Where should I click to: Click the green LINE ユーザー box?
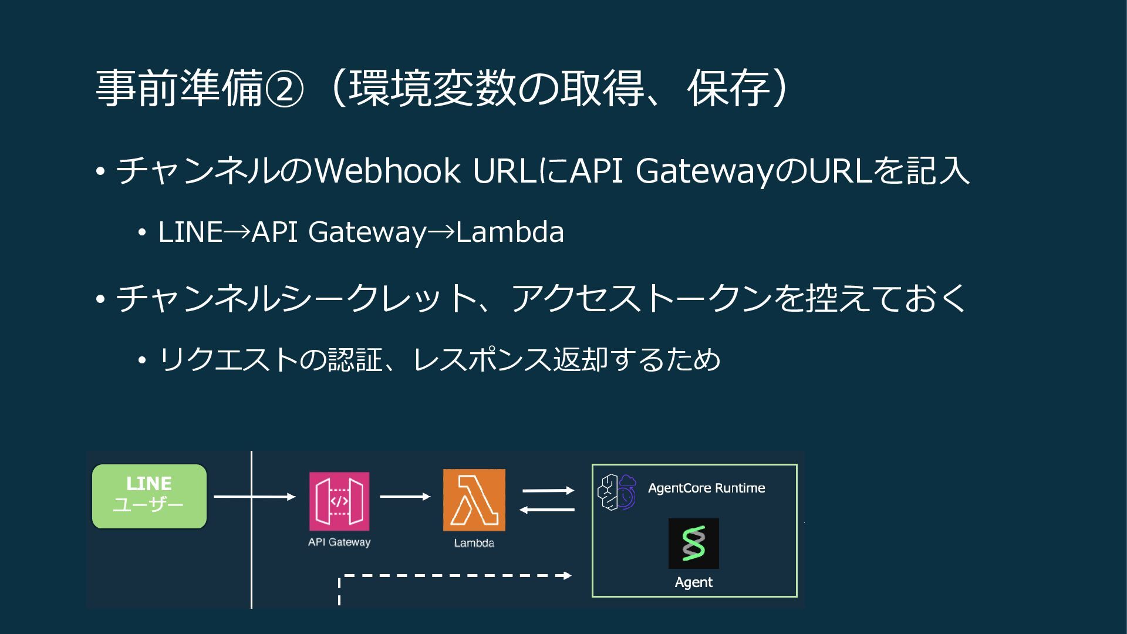point(149,496)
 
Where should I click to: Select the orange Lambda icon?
point(474,500)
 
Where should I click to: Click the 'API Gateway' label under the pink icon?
point(339,542)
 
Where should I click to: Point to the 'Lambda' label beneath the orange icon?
point(474,543)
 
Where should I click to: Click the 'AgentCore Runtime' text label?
point(706,488)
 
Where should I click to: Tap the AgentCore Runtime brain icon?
point(616,492)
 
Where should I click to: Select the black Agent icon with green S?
point(693,544)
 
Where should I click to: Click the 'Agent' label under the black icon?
point(693,582)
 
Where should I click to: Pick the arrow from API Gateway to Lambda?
point(405,497)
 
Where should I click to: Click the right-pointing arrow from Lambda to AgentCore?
point(548,490)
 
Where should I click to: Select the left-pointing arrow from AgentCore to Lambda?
point(548,510)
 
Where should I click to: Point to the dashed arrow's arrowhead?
point(567,575)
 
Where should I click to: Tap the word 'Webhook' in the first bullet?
point(387,171)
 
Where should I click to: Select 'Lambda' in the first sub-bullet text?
point(509,232)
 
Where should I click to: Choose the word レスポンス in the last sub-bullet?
point(482,360)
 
